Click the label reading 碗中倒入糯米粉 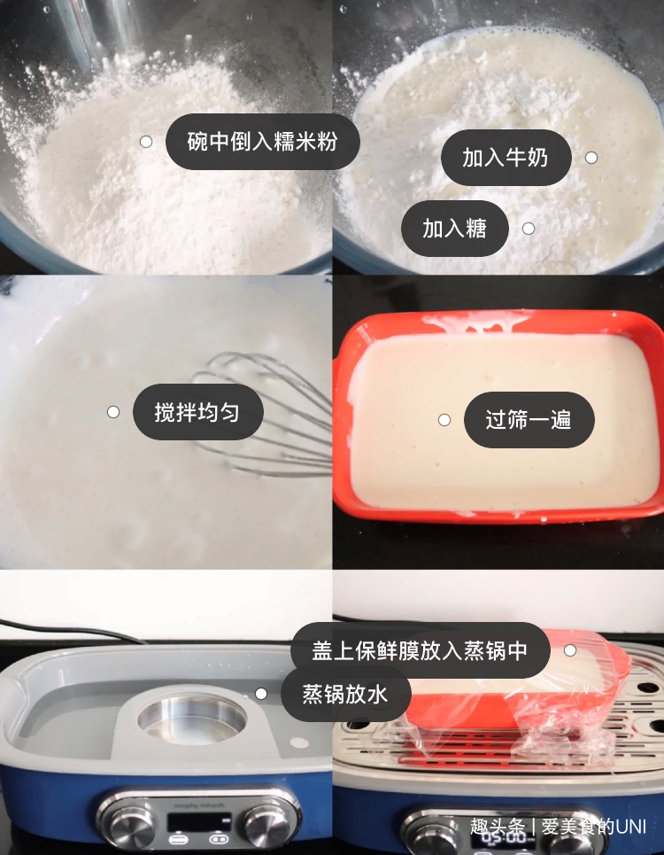tap(263, 142)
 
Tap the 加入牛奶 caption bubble tap(506, 158)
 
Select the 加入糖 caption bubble tap(455, 229)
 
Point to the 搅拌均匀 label tap(197, 412)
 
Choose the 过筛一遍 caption tap(529, 420)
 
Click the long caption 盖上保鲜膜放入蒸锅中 tap(420, 650)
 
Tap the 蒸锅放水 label tap(345, 694)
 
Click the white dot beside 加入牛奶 tap(591, 158)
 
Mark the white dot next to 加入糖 tap(529, 229)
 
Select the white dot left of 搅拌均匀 tap(112, 412)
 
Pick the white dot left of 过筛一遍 tap(444, 420)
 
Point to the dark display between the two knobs tap(199, 822)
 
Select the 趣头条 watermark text tap(498, 827)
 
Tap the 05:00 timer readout tap(504, 838)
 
